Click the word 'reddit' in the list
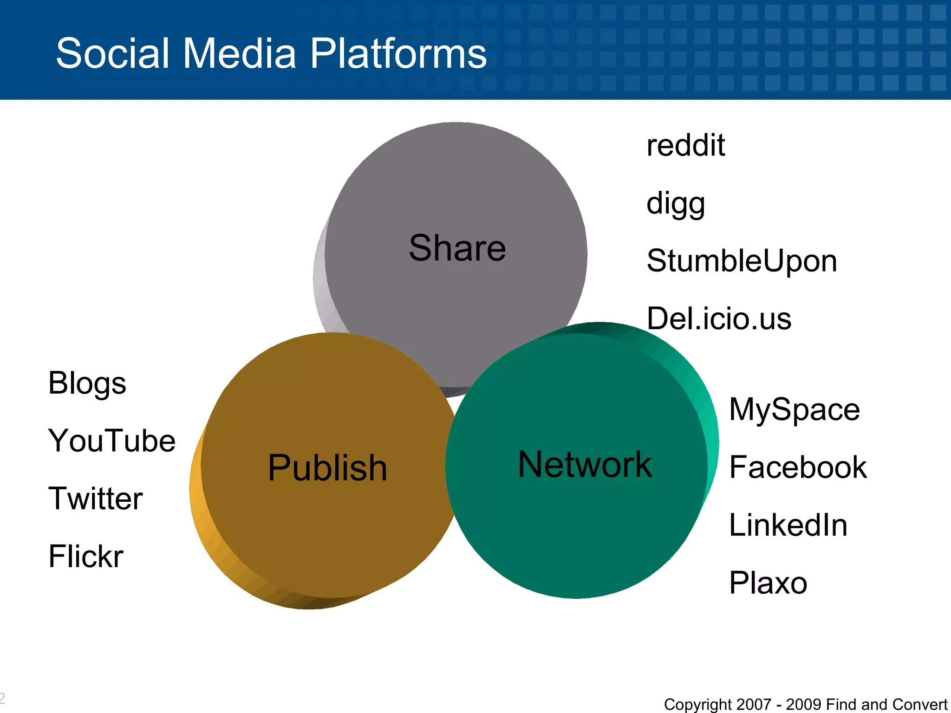(685, 145)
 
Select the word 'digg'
(676, 204)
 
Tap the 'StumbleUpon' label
(742, 261)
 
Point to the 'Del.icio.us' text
(719, 319)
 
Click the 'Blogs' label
(87, 384)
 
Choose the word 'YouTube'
(112, 441)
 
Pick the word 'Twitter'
(96, 499)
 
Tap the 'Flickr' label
(86, 556)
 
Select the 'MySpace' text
(795, 410)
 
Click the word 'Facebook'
(798, 467)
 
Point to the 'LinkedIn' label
(788, 525)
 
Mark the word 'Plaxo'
(768, 583)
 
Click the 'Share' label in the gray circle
(457, 248)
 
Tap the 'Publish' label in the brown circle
(327, 468)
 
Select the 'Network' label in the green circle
(585, 465)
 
